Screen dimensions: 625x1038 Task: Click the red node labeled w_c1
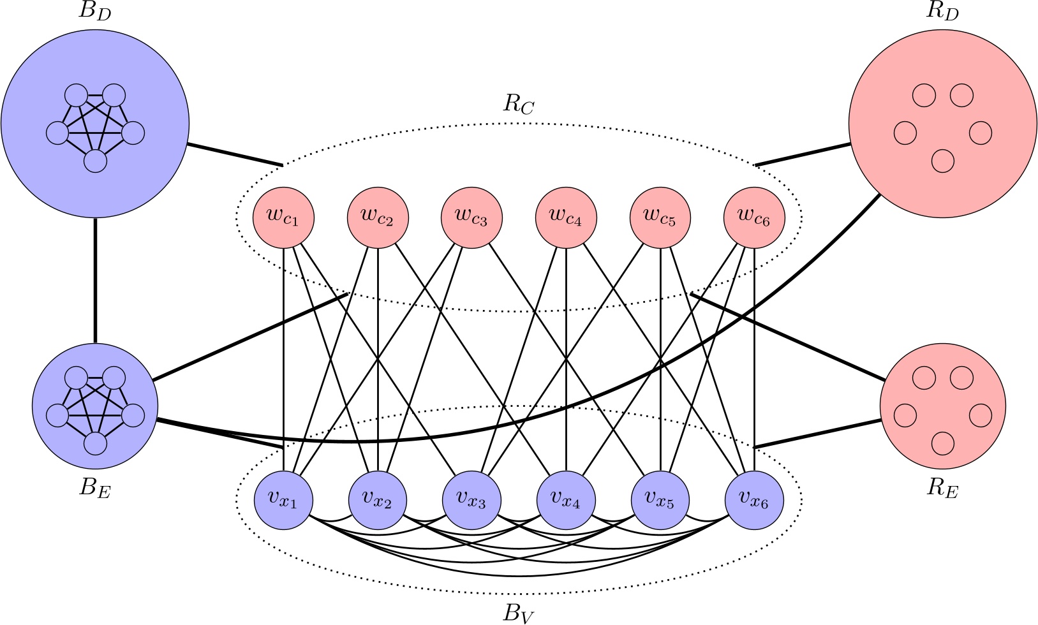[x=283, y=217]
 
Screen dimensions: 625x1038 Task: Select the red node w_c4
[x=566, y=217]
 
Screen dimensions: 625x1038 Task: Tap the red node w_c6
[x=754, y=217]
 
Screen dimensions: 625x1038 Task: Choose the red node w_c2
[x=378, y=217]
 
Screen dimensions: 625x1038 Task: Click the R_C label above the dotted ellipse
[x=518, y=104]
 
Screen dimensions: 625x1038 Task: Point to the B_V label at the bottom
[x=518, y=613]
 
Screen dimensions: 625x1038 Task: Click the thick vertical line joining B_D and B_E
[x=95, y=281]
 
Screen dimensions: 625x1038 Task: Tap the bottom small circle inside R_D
[x=943, y=161]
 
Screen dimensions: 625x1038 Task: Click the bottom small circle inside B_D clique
[x=95, y=161]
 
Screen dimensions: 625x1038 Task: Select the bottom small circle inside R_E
[x=943, y=443]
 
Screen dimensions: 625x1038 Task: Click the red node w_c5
[x=660, y=217]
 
